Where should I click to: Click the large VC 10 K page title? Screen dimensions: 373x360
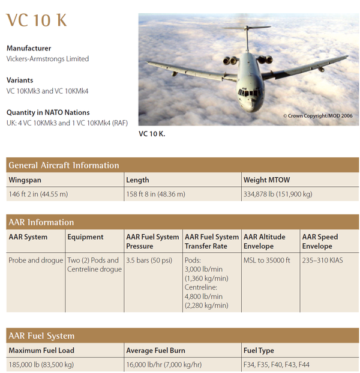point(37,20)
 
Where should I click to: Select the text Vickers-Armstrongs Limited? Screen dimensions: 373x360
point(47,59)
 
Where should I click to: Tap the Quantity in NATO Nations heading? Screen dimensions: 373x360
point(48,112)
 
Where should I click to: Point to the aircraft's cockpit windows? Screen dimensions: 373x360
point(248,92)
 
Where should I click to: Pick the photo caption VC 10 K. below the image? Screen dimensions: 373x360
point(151,133)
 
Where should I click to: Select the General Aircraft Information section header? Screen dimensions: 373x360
point(64,165)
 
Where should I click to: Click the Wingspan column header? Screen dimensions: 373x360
point(25,180)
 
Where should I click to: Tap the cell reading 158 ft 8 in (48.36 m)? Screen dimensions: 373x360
point(155,194)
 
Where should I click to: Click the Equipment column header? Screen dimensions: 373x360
point(85,237)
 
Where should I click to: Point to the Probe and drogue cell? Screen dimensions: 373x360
point(35,260)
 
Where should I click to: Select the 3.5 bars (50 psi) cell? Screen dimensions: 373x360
point(149,260)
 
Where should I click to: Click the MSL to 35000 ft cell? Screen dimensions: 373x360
point(266,260)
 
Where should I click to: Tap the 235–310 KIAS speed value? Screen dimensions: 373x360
point(323,260)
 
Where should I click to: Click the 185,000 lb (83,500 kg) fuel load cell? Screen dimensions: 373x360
point(41,365)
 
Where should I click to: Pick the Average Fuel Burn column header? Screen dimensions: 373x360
point(155,350)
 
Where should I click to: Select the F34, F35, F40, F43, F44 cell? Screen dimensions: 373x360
point(276,365)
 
